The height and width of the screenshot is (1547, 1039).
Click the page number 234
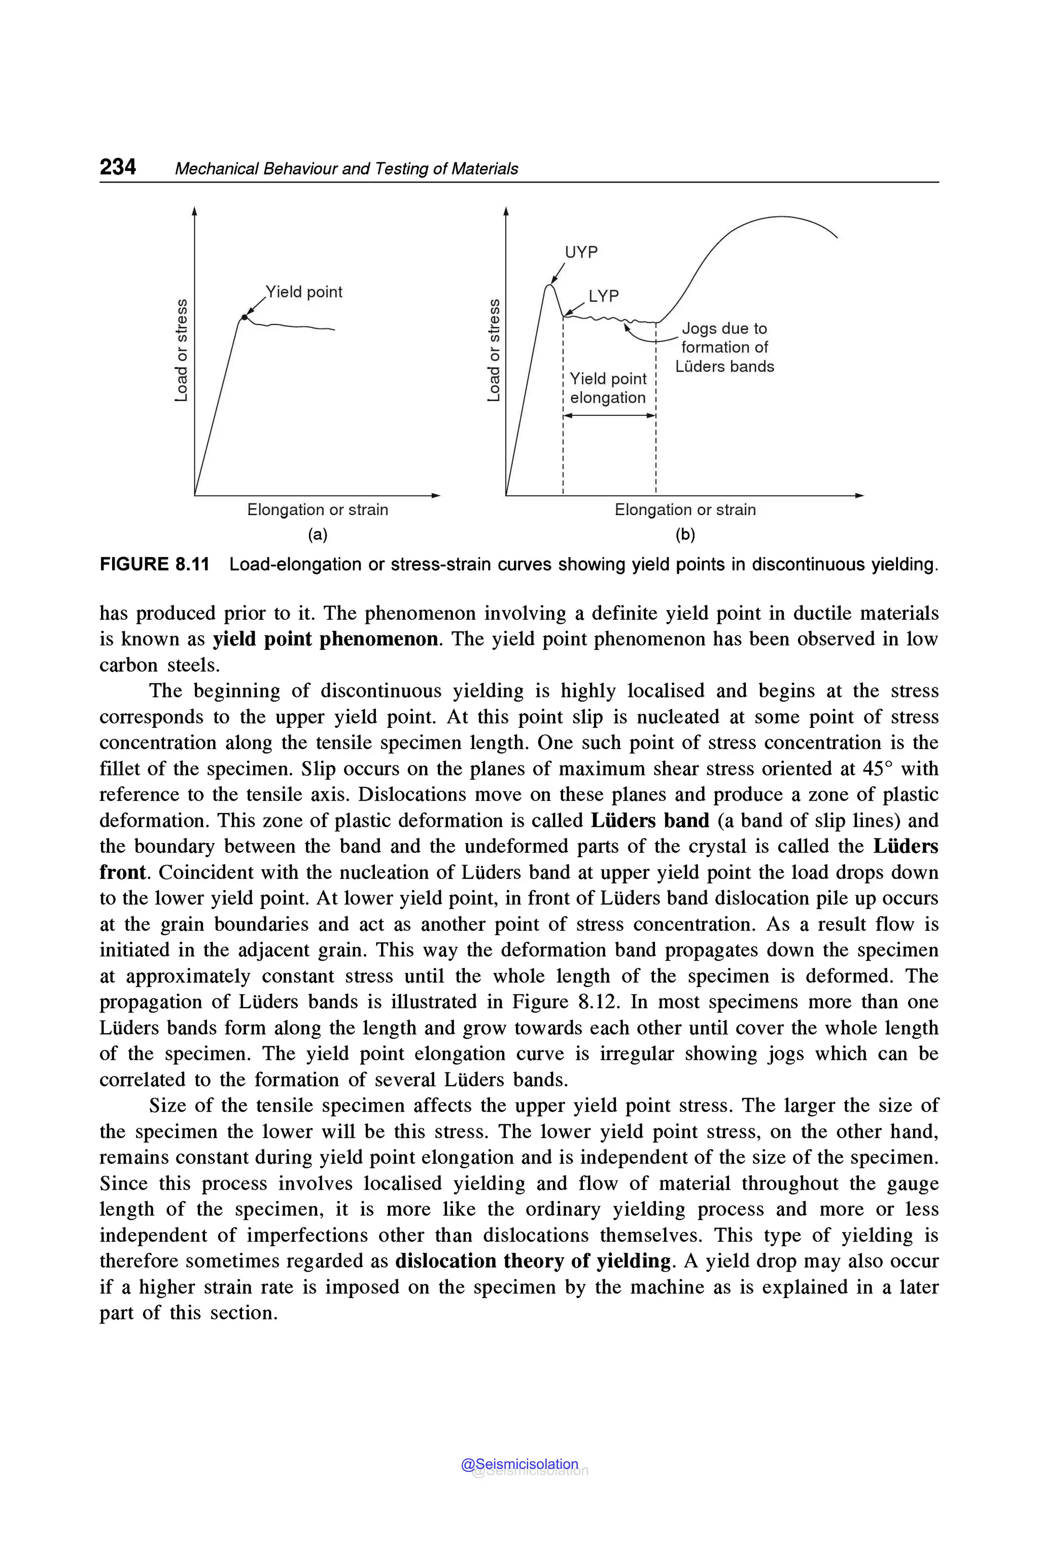point(118,166)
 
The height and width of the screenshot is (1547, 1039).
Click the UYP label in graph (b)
point(581,253)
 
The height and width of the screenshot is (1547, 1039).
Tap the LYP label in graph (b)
point(603,296)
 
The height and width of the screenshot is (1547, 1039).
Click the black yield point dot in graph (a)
point(244,318)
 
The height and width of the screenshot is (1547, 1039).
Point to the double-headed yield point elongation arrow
point(609,416)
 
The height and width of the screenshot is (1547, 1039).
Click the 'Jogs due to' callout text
point(724,329)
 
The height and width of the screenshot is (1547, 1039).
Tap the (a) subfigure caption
point(318,535)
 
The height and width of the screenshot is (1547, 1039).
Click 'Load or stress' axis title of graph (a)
point(181,350)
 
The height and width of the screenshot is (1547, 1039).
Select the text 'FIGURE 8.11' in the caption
point(154,565)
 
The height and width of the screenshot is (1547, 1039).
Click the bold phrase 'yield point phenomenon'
point(325,639)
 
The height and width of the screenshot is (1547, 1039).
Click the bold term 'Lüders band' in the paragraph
point(649,821)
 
